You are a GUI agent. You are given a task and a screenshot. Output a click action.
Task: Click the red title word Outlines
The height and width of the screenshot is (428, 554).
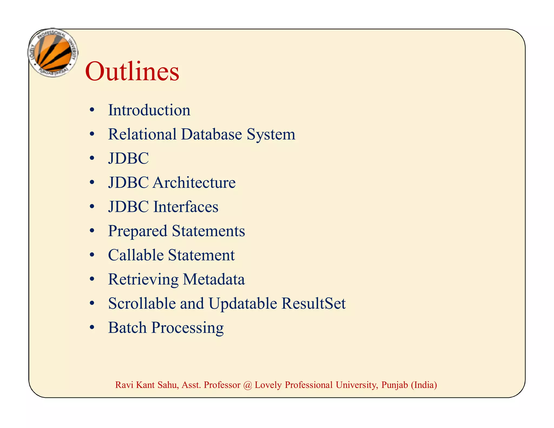coord(132,71)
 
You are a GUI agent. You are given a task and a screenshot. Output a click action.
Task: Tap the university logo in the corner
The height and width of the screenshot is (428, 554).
coord(53,53)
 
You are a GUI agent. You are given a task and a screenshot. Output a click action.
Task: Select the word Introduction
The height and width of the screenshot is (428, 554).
coord(149,110)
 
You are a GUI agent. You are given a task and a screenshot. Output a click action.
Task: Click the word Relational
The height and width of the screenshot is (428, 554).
coord(142,134)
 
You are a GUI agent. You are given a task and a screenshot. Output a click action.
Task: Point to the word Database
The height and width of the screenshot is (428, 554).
coord(211,134)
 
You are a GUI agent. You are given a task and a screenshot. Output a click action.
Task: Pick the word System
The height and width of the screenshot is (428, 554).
coord(271,135)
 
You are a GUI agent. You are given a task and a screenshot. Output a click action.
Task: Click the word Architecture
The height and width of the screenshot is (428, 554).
coord(194,183)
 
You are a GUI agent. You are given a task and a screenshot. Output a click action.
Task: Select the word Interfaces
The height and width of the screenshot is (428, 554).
coord(186,207)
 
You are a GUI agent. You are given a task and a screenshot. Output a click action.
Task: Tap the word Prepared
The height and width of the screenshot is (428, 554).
coord(137,232)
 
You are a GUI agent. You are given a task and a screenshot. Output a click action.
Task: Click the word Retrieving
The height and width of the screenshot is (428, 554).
coord(143,280)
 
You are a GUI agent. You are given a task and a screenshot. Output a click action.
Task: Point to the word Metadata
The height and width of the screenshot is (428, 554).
coord(214,279)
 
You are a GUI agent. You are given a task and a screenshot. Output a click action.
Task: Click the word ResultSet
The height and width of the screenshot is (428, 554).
coord(314,303)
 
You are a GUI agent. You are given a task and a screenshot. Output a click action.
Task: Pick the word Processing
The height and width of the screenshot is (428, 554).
coord(187,328)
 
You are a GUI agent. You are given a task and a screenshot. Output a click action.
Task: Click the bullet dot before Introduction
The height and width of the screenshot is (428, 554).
coord(92,110)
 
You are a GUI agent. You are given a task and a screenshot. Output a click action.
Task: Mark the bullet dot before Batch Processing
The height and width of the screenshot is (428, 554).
coord(92,328)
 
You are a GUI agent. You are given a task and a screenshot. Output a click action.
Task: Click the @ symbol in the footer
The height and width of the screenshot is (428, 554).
coord(247,385)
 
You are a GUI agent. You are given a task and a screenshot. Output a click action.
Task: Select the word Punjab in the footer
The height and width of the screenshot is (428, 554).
coord(394,385)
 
